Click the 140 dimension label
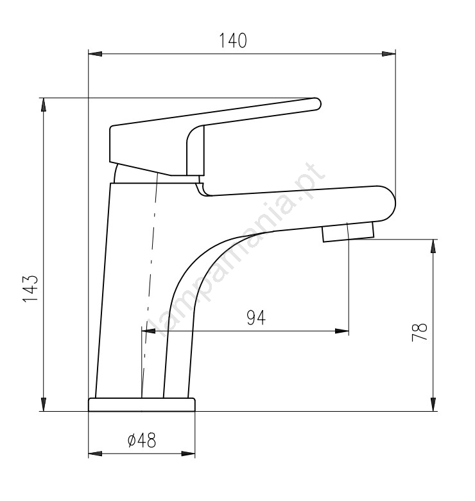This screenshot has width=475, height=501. pyautogui.click(x=233, y=40)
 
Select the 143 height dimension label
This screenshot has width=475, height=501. pyautogui.click(x=31, y=288)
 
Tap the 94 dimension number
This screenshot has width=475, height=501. pyautogui.click(x=256, y=317)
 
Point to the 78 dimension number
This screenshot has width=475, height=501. pyautogui.click(x=419, y=332)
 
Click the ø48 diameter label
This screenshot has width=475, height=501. pyautogui.click(x=142, y=440)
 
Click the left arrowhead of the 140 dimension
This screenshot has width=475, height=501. pyautogui.click(x=95, y=54)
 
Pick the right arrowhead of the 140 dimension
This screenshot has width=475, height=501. pyautogui.click(x=389, y=54)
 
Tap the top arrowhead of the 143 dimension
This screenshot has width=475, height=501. pyautogui.click(x=44, y=105)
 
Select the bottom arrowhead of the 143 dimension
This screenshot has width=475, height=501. pyautogui.click(x=44, y=404)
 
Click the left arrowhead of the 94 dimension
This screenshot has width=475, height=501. pyautogui.click(x=148, y=331)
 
